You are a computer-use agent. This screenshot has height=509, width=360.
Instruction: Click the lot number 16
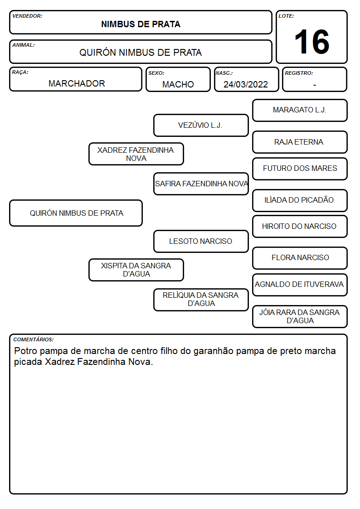[x=311, y=42]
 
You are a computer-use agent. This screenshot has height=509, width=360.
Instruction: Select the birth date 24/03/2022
[x=246, y=84]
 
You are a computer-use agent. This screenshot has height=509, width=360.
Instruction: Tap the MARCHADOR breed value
[x=77, y=83]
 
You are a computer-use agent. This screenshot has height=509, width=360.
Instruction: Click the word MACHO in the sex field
[x=178, y=84]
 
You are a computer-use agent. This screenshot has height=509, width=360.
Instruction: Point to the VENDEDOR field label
[x=27, y=16]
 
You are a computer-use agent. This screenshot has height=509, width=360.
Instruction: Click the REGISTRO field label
[x=299, y=73]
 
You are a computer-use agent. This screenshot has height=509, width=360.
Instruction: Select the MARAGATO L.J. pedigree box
[x=300, y=111]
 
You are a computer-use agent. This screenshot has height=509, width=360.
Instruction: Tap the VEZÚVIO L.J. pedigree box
[x=201, y=125]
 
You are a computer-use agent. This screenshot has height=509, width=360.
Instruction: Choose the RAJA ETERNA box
[x=300, y=142]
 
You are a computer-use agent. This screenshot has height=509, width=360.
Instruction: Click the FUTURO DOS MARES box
[x=300, y=169]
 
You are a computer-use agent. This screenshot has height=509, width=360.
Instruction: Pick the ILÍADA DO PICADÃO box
[x=300, y=201]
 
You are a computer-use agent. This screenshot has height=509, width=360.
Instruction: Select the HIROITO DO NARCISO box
[x=300, y=227]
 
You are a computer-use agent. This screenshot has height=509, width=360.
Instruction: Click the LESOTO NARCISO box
[x=201, y=242]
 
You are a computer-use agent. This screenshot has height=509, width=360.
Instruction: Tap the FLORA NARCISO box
[x=300, y=258]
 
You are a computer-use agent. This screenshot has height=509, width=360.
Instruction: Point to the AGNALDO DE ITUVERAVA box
[x=300, y=285]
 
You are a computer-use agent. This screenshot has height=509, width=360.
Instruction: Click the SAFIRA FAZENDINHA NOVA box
[x=201, y=184]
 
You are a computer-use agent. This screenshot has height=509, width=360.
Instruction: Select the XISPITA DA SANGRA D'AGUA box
[x=136, y=270]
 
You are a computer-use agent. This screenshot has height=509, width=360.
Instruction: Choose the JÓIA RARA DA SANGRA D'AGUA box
[x=300, y=316]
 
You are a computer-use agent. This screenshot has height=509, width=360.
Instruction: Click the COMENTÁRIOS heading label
[x=34, y=339]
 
